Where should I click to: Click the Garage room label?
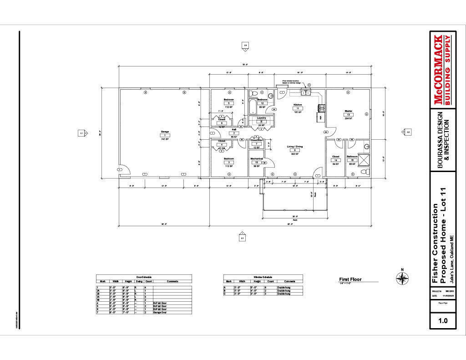click(165, 132)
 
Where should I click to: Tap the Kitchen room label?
click(298, 104)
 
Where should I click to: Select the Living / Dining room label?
click(294, 147)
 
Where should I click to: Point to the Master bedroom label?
click(349, 110)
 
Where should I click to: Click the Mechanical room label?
click(257, 158)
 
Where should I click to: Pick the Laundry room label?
click(261, 118)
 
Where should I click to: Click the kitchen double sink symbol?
click(305, 92)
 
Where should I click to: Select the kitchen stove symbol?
click(322, 108)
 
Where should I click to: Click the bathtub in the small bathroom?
click(253, 106)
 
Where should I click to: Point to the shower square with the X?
click(365, 160)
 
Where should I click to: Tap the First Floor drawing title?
click(350, 279)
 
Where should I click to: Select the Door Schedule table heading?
click(144, 277)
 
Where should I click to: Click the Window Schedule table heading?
click(262, 277)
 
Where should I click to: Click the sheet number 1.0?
click(442, 320)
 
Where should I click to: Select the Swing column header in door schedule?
click(138, 281)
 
